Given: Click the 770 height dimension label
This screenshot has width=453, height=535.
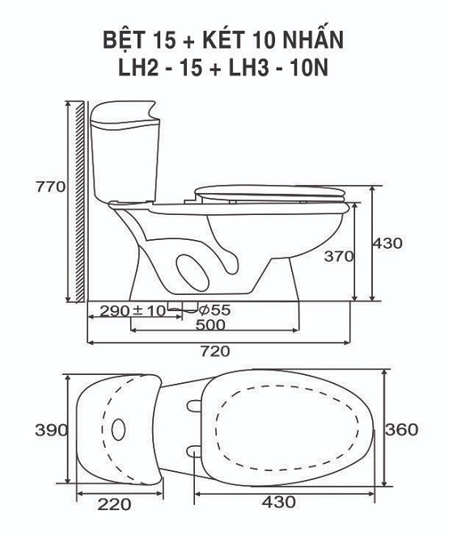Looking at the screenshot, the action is click(50, 187).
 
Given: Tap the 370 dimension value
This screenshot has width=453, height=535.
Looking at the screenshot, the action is click(339, 256).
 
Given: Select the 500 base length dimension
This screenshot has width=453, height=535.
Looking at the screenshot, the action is click(210, 325).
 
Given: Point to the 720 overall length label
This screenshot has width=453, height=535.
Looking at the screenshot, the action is click(215, 351).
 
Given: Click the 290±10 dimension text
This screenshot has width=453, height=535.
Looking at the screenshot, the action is click(133, 310).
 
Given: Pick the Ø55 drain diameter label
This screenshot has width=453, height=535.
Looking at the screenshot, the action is click(214, 310).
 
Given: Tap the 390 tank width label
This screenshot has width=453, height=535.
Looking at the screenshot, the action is click(51, 430).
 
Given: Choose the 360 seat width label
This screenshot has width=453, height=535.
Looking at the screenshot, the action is click(402, 430).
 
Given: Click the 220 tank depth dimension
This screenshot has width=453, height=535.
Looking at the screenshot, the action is click(114, 504).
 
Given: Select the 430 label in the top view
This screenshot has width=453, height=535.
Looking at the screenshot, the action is click(279, 502).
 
